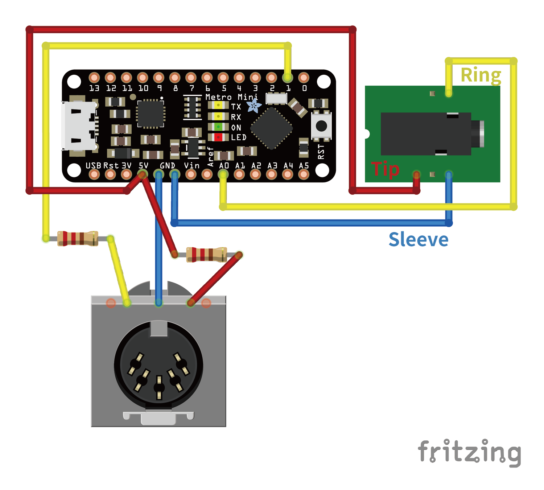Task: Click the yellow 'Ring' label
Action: coord(481,75)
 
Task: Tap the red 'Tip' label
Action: coord(385,169)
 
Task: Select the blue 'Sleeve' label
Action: coord(419,240)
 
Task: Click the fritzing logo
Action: coord(470,452)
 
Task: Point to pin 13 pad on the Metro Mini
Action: coord(94,77)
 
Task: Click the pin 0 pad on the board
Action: coord(304,77)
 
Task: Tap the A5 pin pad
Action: coord(304,174)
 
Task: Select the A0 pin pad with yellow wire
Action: coord(223,174)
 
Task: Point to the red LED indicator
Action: coord(218,137)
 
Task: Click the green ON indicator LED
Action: coord(218,127)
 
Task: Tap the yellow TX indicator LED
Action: coord(218,106)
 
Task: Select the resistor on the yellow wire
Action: coord(78,238)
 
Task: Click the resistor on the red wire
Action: coord(206,255)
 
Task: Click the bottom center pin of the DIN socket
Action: coord(159,387)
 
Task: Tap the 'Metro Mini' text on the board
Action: coord(231,97)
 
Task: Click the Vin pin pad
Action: coord(191,174)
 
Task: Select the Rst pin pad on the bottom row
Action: coord(110,174)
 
